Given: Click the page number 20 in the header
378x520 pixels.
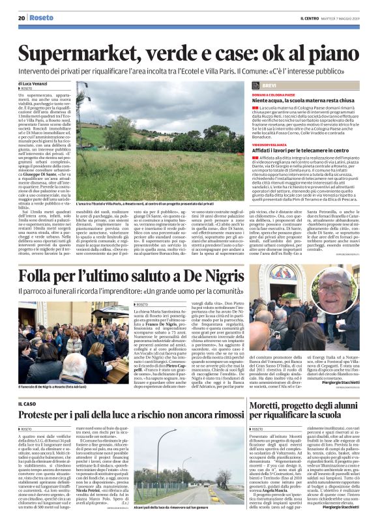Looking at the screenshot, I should click(22, 19).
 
